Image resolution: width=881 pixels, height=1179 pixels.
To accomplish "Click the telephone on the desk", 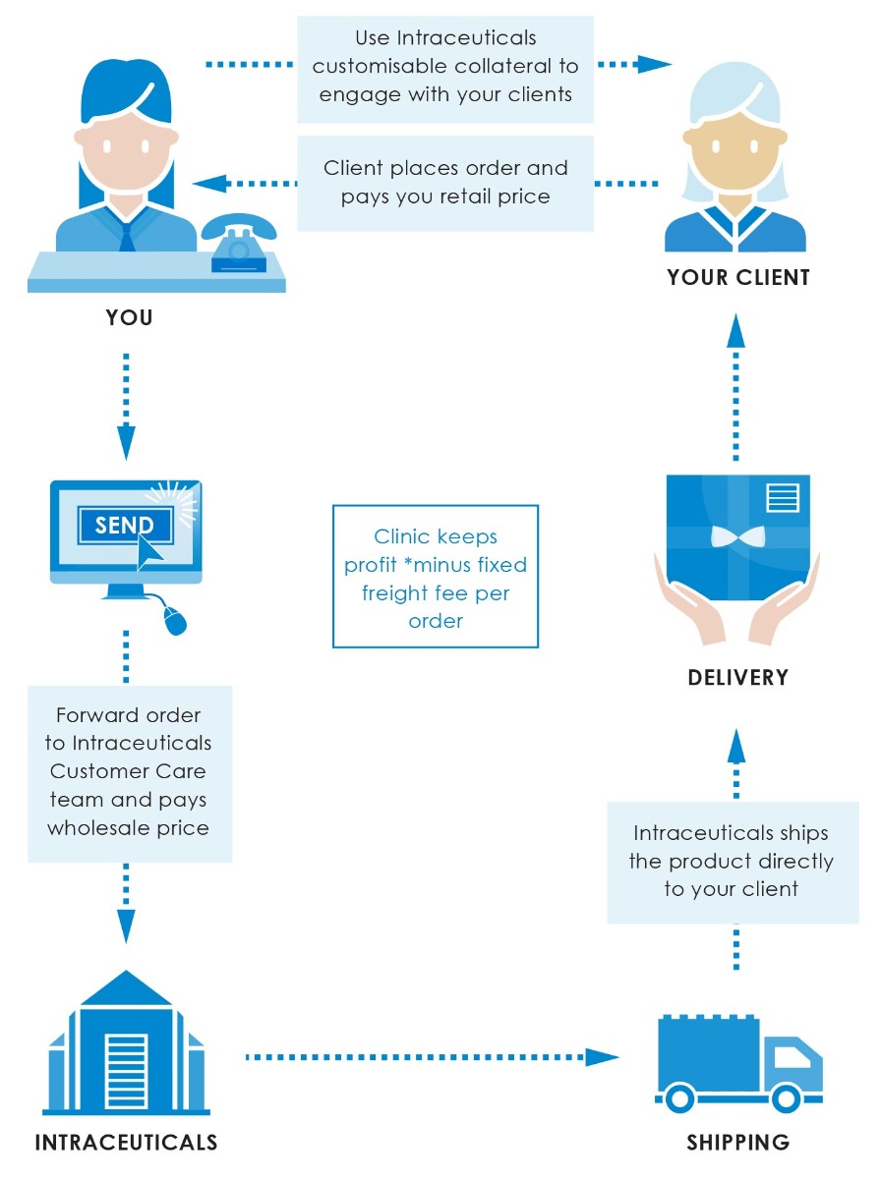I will pos(238,244).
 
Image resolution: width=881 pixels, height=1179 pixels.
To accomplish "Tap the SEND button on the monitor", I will pos(124,525).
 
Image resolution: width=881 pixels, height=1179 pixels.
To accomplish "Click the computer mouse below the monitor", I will pos(175,620).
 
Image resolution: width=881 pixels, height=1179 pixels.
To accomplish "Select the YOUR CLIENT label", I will pos(737,278).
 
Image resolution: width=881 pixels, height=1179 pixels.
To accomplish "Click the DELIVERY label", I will pos(737,677).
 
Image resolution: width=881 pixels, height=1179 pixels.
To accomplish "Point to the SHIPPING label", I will pos(737,1143).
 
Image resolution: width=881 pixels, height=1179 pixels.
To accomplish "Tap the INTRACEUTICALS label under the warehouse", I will pos(126,1143).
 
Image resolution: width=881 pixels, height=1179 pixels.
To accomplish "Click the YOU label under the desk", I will pos(129,318).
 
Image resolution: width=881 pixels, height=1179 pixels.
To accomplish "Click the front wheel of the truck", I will pos(786,1095).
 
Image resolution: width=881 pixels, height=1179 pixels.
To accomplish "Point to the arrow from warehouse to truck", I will pos(433,1057).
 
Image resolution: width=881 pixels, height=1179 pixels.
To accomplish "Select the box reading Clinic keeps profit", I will pos(436,577).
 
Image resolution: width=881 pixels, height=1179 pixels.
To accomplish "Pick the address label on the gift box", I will pos(783,496).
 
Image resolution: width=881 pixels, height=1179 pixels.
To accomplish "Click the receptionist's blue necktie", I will pos(128,233).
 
